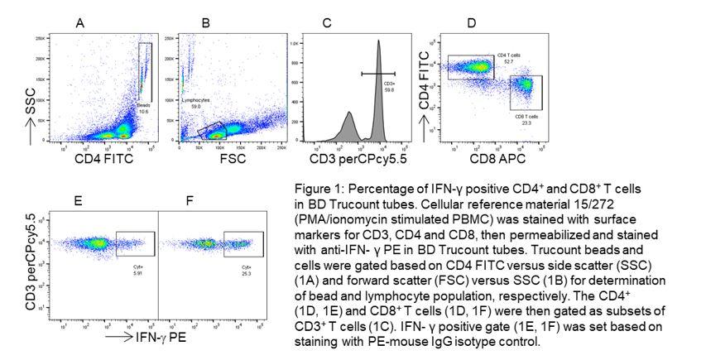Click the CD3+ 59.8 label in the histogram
point(389,86)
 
